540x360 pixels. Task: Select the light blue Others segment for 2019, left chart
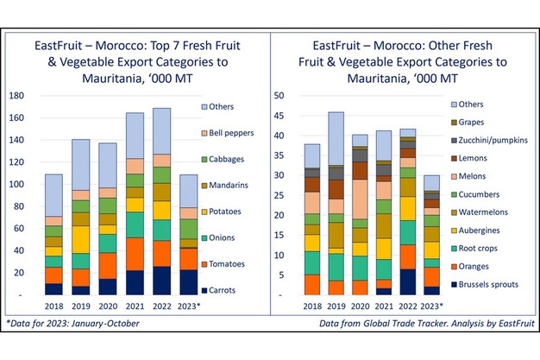[x=80, y=164]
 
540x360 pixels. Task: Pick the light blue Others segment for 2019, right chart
[x=336, y=138]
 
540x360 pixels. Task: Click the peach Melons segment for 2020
[x=360, y=199]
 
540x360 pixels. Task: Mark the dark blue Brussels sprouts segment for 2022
[x=407, y=281]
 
